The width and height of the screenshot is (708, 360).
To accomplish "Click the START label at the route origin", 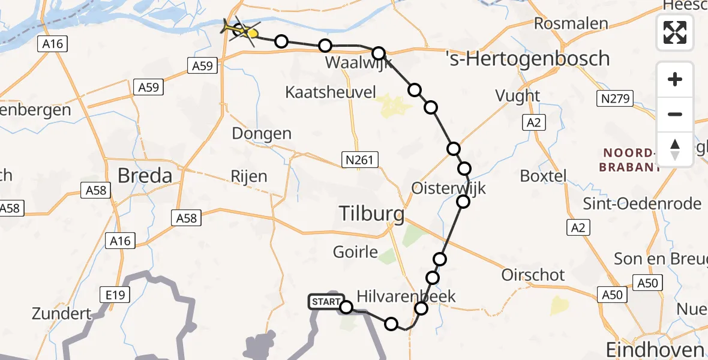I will pyautogui.click(x=326, y=302).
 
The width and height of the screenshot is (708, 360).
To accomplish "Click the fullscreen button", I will pyautogui.click(x=675, y=32).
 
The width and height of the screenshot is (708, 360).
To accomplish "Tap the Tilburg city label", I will pyautogui.click(x=372, y=213).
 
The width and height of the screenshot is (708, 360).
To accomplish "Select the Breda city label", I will pyautogui.click(x=145, y=176).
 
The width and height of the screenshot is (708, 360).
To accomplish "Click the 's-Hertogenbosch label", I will pyautogui.click(x=529, y=59).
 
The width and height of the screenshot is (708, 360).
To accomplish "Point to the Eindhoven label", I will pyautogui.click(x=655, y=350).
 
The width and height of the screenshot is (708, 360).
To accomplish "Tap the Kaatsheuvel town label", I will pyautogui.click(x=331, y=92).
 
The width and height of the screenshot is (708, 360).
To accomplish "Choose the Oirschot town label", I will pyautogui.click(x=533, y=275).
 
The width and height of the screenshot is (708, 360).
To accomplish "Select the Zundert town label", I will pyautogui.click(x=62, y=313).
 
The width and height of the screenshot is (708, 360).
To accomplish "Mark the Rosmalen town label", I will pyautogui.click(x=571, y=24).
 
